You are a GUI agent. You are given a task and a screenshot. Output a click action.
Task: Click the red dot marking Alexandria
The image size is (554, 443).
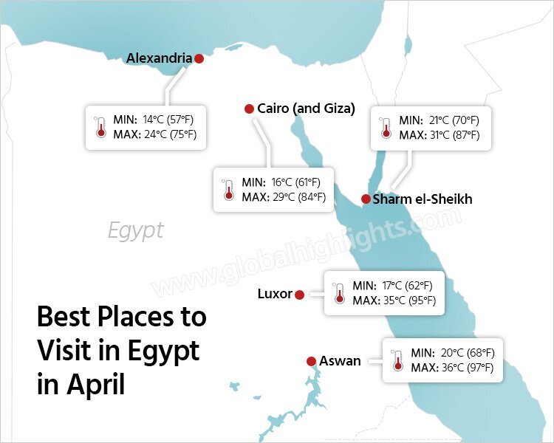click(x=199, y=58)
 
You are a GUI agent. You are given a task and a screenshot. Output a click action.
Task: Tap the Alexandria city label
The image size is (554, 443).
click(x=159, y=58)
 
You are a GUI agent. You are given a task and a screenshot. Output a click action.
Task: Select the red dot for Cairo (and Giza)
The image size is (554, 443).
click(x=249, y=109)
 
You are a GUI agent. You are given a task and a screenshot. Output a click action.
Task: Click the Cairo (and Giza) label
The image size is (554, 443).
click(x=306, y=109)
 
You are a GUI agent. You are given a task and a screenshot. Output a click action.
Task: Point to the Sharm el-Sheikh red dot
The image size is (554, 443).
click(x=365, y=199)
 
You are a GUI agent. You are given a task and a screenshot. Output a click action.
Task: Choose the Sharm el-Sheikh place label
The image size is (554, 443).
click(x=422, y=199)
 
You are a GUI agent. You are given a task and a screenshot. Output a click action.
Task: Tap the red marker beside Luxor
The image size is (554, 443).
click(x=299, y=295)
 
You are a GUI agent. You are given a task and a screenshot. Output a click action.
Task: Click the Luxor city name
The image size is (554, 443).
click(x=275, y=294)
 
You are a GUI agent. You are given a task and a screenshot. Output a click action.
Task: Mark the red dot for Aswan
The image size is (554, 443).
click(x=311, y=361)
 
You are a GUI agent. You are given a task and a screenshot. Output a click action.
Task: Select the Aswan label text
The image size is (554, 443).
click(x=340, y=361)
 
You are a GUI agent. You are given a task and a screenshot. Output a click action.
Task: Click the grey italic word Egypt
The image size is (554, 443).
click(x=135, y=230)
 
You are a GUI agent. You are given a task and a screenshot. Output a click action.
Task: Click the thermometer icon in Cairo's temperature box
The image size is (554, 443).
click(x=228, y=190)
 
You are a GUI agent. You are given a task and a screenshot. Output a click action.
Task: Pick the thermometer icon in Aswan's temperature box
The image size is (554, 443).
click(x=397, y=360)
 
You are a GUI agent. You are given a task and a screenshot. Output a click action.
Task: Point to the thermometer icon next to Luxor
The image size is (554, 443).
click(x=339, y=293)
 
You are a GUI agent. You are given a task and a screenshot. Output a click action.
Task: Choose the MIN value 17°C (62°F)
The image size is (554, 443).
click(x=408, y=286)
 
